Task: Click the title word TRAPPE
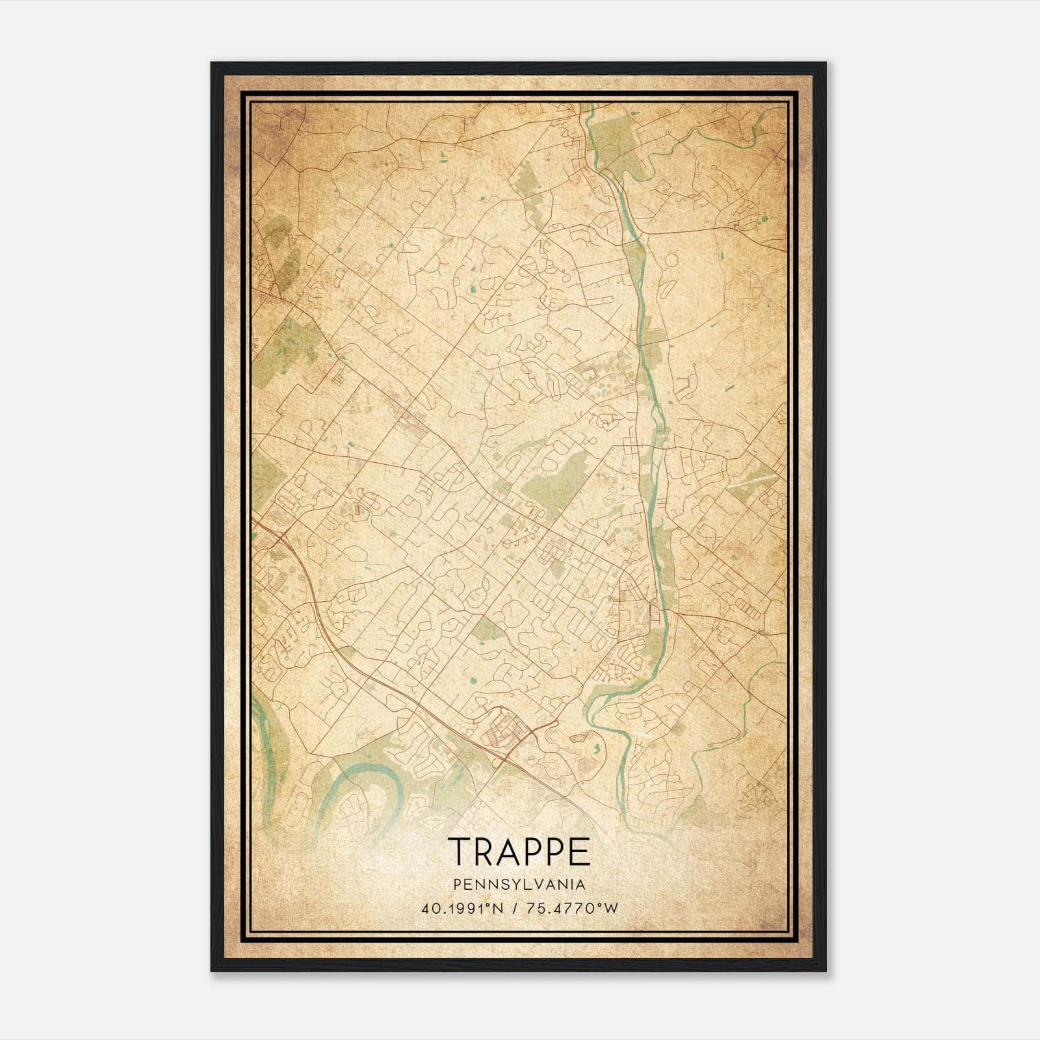519,851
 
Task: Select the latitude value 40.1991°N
462,909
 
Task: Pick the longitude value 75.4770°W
571,909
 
